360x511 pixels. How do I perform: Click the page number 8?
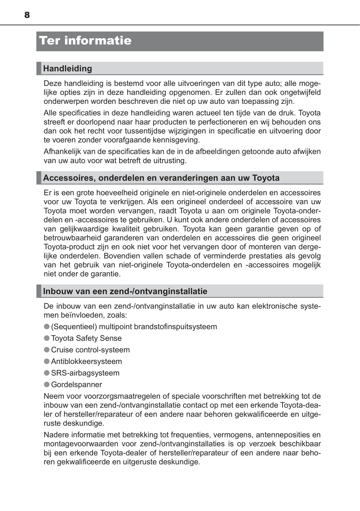[x=27, y=15]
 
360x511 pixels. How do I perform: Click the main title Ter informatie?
[x=85, y=40]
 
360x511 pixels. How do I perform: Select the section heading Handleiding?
[x=67, y=68]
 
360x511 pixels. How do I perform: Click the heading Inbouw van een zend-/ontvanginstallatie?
[x=125, y=291]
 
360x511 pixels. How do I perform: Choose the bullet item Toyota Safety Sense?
[x=86, y=338]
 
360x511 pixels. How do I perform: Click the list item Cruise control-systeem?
[x=90, y=350]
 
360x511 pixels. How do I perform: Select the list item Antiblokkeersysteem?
[x=86, y=361]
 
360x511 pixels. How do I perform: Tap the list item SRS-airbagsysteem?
[x=85, y=373]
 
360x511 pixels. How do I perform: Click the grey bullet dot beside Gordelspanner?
[x=47, y=384]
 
